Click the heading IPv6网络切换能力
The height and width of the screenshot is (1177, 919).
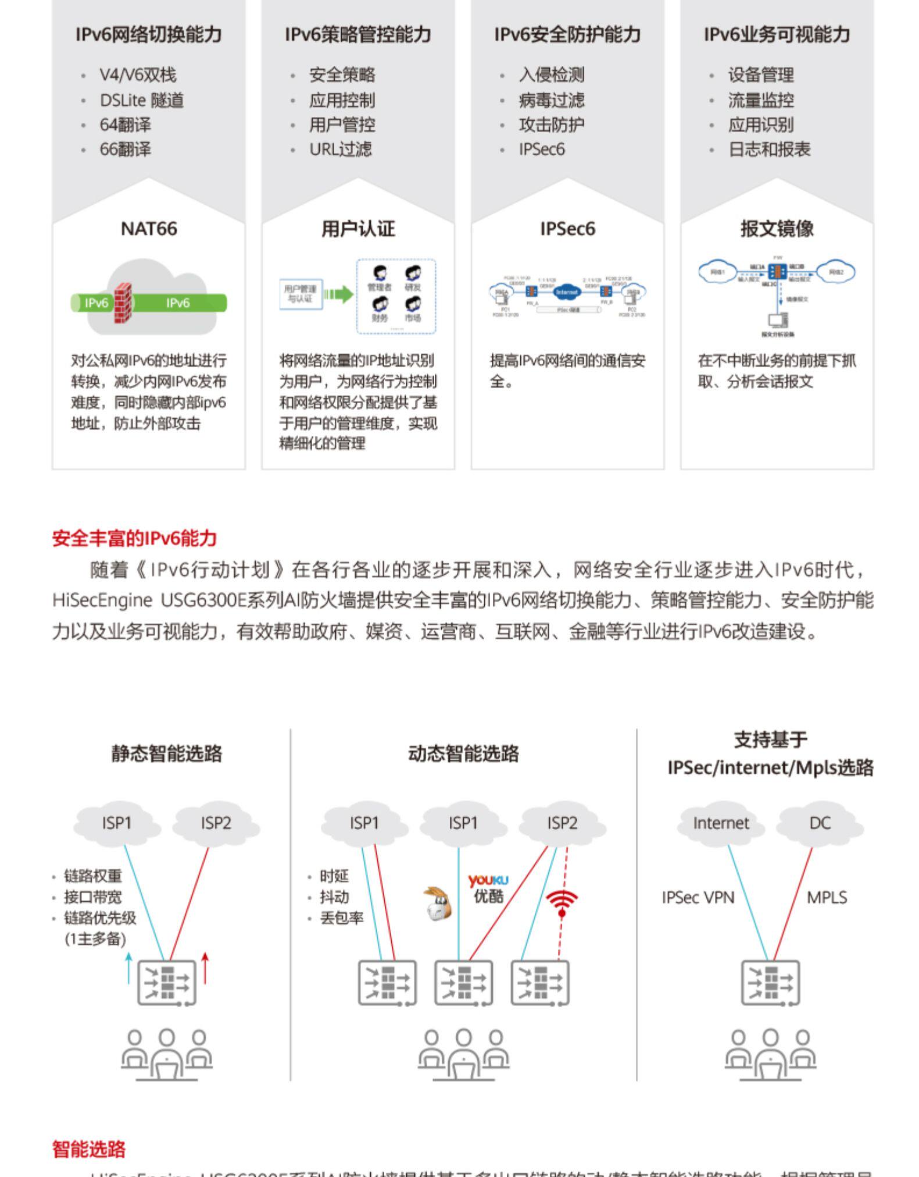click(x=149, y=35)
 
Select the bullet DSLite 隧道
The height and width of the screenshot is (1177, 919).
click(x=141, y=101)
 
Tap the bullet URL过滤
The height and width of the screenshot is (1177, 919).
click(x=340, y=150)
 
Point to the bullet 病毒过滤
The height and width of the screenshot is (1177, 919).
click(x=551, y=101)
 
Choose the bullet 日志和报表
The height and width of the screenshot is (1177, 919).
click(x=768, y=150)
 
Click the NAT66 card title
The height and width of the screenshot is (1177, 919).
click(x=149, y=229)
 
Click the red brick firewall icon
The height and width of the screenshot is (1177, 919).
click(x=123, y=303)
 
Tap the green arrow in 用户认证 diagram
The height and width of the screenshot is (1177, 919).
click(x=339, y=294)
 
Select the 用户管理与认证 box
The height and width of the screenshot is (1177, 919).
click(x=301, y=294)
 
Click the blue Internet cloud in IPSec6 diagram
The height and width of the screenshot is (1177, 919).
click(x=567, y=292)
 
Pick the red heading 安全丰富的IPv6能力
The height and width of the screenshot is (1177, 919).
click(x=134, y=538)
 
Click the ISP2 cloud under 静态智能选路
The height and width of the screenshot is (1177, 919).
click(x=216, y=823)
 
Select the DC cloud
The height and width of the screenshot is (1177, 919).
click(x=820, y=823)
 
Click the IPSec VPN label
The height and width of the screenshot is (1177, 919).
click(x=698, y=898)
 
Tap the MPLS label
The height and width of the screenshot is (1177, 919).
click(x=827, y=898)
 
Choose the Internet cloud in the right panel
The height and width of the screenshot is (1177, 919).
click(x=721, y=823)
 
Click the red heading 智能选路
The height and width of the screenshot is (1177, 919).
click(x=89, y=1149)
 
